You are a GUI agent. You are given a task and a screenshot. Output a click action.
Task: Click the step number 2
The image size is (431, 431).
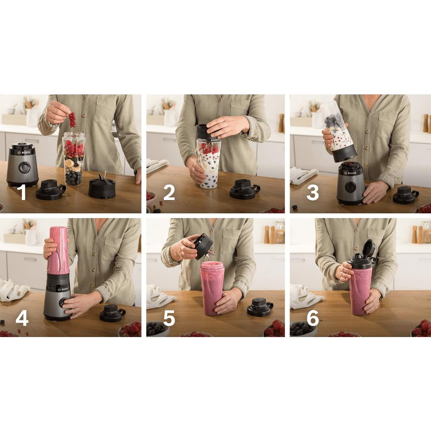tap(169, 192)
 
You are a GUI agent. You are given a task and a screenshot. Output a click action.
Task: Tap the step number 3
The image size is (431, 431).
tap(313, 192)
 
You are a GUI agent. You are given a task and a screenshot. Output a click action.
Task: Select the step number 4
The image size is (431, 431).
tap(22, 319)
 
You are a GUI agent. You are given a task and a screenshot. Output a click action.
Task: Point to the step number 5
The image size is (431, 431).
tap(169, 319)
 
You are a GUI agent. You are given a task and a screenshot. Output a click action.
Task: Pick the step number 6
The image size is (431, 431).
tap(313, 319)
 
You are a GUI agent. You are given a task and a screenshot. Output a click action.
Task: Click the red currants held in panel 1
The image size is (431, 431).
tap(72, 119)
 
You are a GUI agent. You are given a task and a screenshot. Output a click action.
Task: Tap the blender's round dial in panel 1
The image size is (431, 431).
tap(24, 167)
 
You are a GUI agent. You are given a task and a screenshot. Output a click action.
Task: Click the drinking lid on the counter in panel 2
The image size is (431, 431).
tap(244, 189)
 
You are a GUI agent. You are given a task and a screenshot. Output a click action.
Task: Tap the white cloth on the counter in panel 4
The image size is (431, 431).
tap(12, 290)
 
